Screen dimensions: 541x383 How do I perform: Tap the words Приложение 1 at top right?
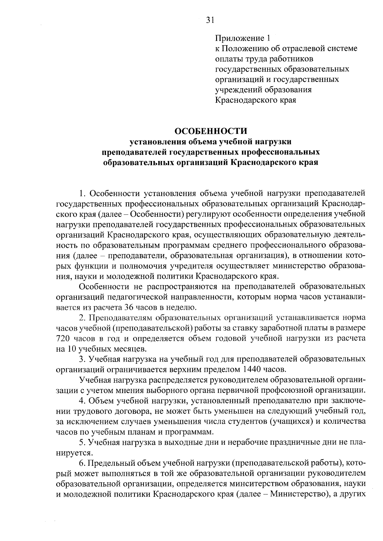tap(243, 39)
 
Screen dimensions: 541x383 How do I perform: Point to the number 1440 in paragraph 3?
tap(254, 369)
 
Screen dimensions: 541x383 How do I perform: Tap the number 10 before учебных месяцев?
tap(71, 348)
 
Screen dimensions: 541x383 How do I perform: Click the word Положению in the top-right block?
tap(244, 49)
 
